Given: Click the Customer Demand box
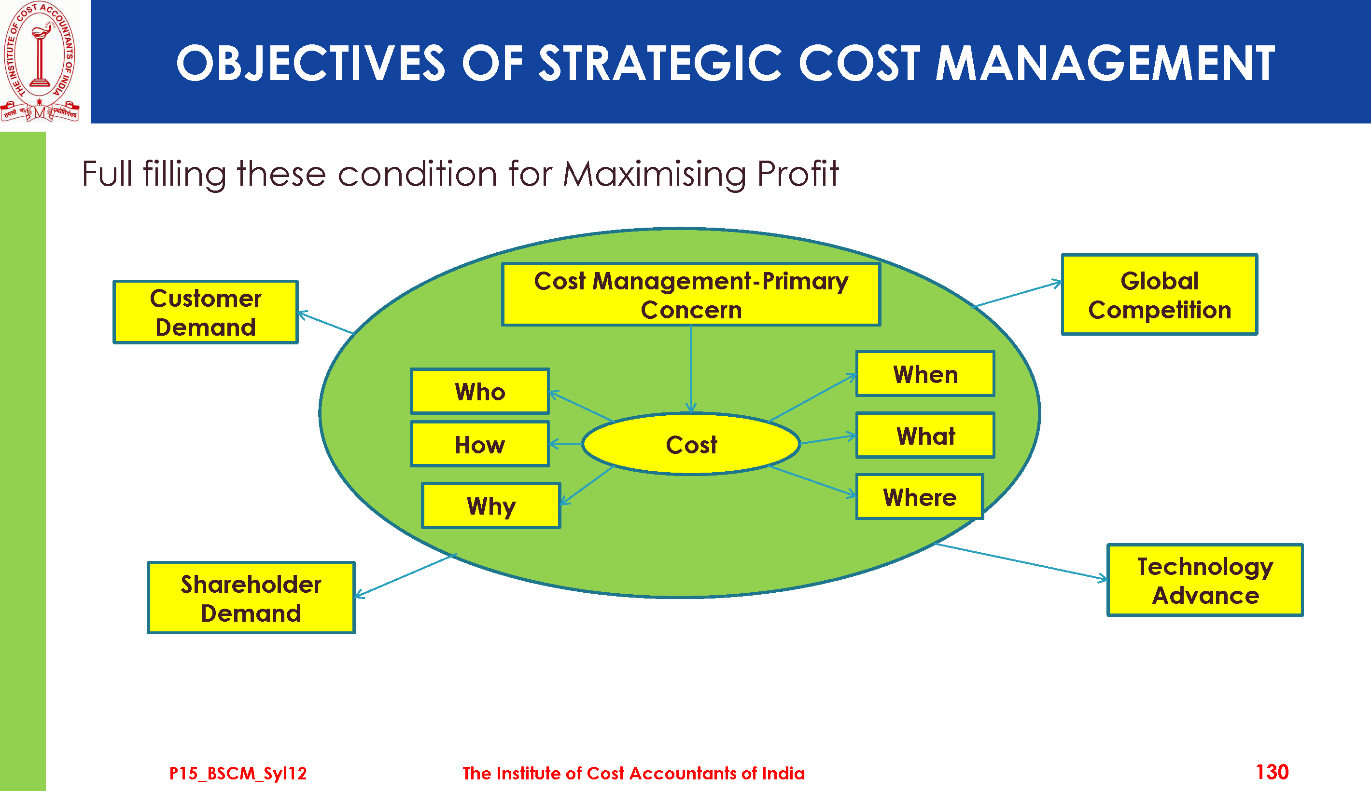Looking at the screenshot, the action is pyautogui.click(x=206, y=312).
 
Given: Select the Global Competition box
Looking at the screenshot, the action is pyautogui.click(x=1160, y=294).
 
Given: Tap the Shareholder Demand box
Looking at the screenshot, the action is pyautogui.click(x=251, y=598).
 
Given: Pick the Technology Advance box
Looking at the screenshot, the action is pyautogui.click(x=1205, y=580).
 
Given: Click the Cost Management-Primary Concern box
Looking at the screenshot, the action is pyautogui.click(x=691, y=294).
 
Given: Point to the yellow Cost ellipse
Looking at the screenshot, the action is pyautogui.click(x=691, y=444).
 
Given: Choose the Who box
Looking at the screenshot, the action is pyautogui.click(x=479, y=391).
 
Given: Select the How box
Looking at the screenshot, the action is pyautogui.click(x=479, y=444).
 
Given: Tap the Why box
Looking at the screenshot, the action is pyautogui.click(x=491, y=505).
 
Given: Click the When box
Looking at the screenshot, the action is pyautogui.click(x=925, y=374).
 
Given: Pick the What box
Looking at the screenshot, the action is pyautogui.click(x=925, y=435).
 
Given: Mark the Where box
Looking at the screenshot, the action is pyautogui.click(x=920, y=497).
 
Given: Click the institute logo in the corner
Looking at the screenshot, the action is pyautogui.click(x=40, y=61).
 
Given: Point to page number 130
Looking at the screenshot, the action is pyautogui.click(x=1272, y=772).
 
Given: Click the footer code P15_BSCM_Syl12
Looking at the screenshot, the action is pyautogui.click(x=238, y=773).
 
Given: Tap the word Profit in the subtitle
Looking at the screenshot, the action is pyautogui.click(x=798, y=174).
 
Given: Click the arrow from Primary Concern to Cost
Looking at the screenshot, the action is pyautogui.click(x=691, y=369).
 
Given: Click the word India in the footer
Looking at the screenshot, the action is pyautogui.click(x=783, y=773).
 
